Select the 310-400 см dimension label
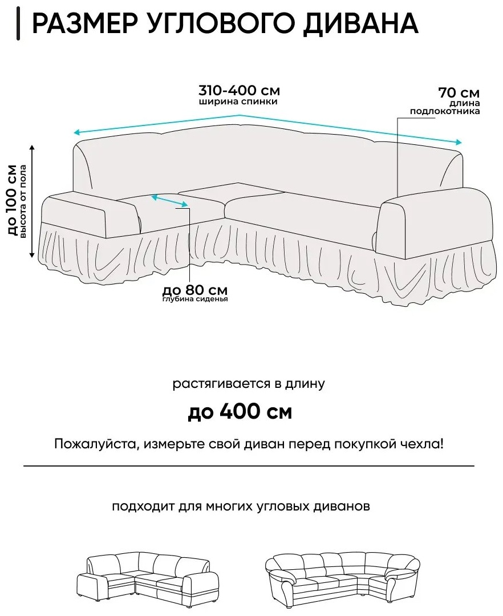239,90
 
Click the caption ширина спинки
238,102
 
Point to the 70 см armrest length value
459,93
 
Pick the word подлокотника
445,111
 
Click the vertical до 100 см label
13,200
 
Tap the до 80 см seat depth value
195,290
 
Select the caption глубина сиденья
195,299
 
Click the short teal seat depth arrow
169,200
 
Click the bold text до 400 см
240,411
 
